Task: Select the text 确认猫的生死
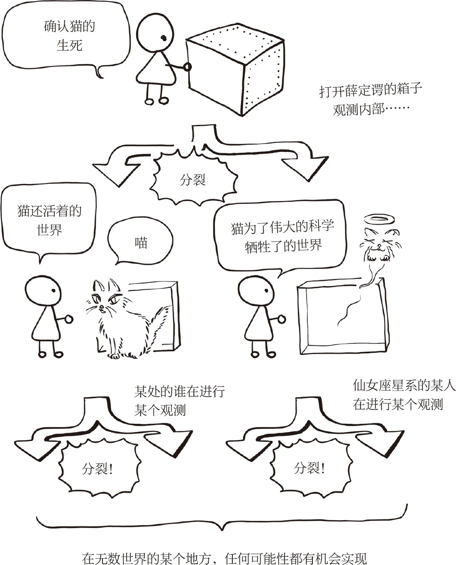coord(69,36)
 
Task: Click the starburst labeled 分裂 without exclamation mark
coord(193,178)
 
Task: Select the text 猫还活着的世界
coord(49,220)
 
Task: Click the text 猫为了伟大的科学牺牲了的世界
coord(283,236)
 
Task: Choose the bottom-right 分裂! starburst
coord(310,468)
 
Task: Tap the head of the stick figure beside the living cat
coord(43,291)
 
